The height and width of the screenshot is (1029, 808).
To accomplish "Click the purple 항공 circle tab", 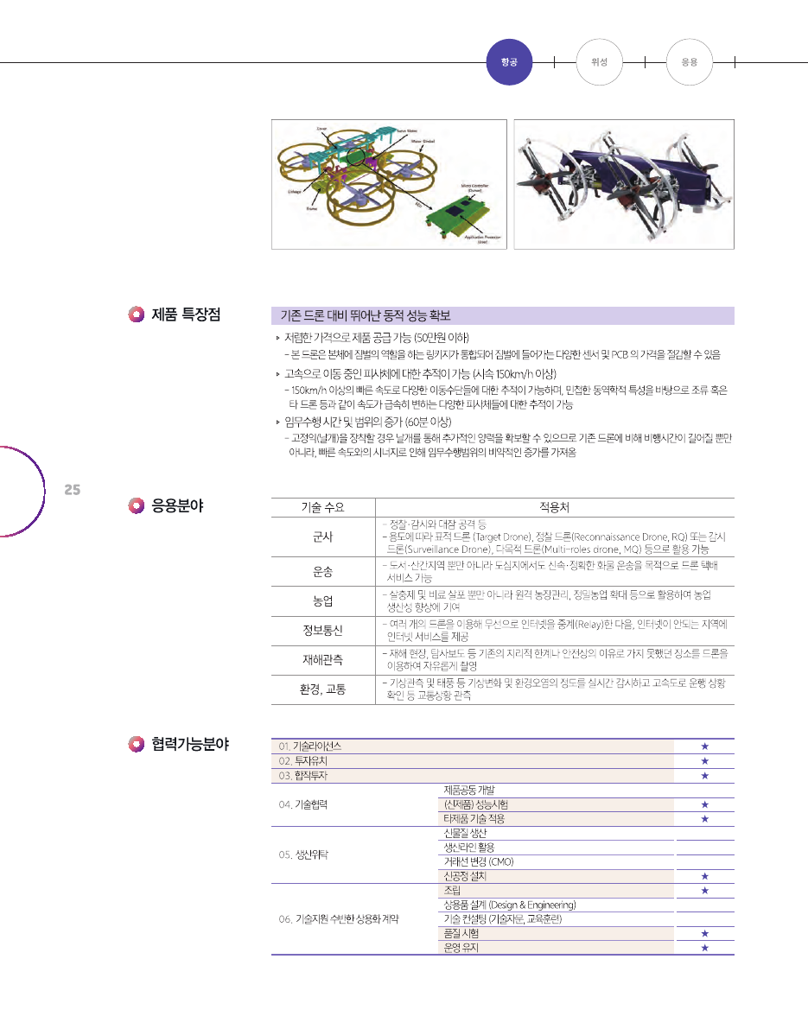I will click(509, 61).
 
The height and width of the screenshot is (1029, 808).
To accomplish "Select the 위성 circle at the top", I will click(599, 61).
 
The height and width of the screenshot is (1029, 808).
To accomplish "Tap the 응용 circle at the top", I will click(690, 61).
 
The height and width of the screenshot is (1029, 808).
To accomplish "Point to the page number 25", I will click(73, 490).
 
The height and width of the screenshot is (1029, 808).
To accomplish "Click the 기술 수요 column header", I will click(322, 506).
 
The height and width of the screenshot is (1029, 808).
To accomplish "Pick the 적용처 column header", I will click(554, 506).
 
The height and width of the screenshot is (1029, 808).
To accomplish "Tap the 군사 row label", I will click(322, 537).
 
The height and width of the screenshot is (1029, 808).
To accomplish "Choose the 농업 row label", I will click(322, 600).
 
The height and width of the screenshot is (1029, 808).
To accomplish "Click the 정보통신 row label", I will click(322, 629).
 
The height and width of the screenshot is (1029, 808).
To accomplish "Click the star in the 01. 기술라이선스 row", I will click(705, 746).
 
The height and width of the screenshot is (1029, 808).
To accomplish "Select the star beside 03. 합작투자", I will click(705, 775).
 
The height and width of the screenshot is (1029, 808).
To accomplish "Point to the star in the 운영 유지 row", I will click(705, 948).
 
